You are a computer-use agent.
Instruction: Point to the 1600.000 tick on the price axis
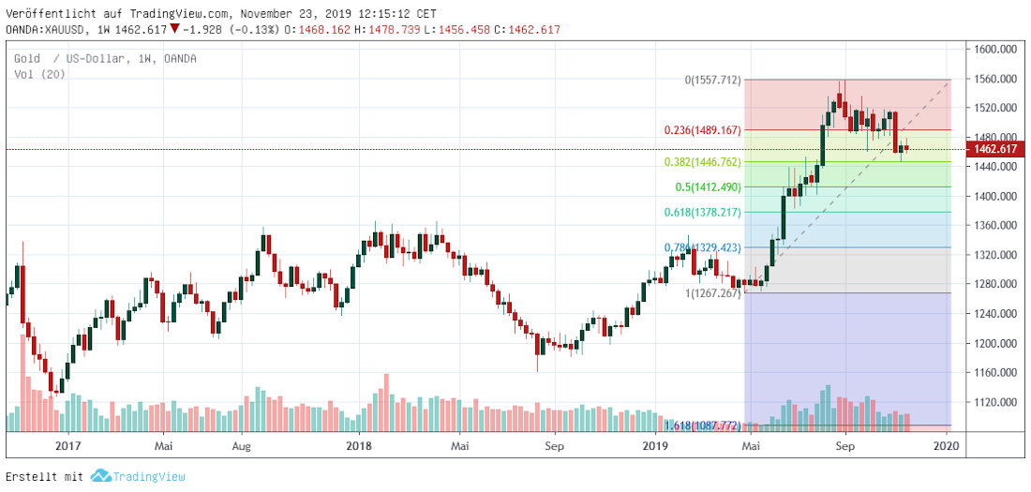(x=994, y=50)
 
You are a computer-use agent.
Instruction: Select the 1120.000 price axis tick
(x=994, y=402)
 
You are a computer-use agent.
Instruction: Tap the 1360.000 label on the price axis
(x=994, y=226)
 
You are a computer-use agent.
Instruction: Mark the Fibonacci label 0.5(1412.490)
(x=708, y=187)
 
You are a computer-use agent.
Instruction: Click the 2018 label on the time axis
(x=359, y=447)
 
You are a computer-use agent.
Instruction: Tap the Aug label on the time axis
(x=240, y=447)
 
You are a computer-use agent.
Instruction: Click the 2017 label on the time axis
(x=67, y=447)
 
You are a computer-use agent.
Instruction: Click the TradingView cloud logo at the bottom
(x=101, y=476)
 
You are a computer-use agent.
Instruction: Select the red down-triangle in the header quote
(x=174, y=29)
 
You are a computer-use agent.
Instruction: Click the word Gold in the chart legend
(x=26, y=59)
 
